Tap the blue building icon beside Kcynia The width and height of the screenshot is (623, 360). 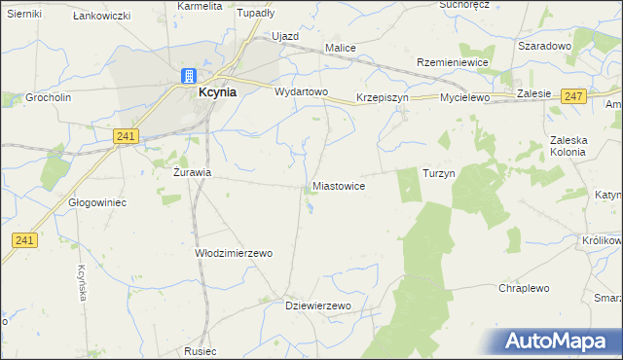click(x=188, y=77)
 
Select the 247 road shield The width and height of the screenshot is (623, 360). click(x=573, y=95)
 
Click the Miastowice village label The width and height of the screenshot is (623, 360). click(x=339, y=185)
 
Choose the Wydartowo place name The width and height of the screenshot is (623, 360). click(x=302, y=92)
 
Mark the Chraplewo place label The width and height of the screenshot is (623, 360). click(x=525, y=289)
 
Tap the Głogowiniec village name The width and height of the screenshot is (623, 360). click(x=97, y=202)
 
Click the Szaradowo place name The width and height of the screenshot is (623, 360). click(x=544, y=46)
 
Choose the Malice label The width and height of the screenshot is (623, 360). click(x=340, y=48)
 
